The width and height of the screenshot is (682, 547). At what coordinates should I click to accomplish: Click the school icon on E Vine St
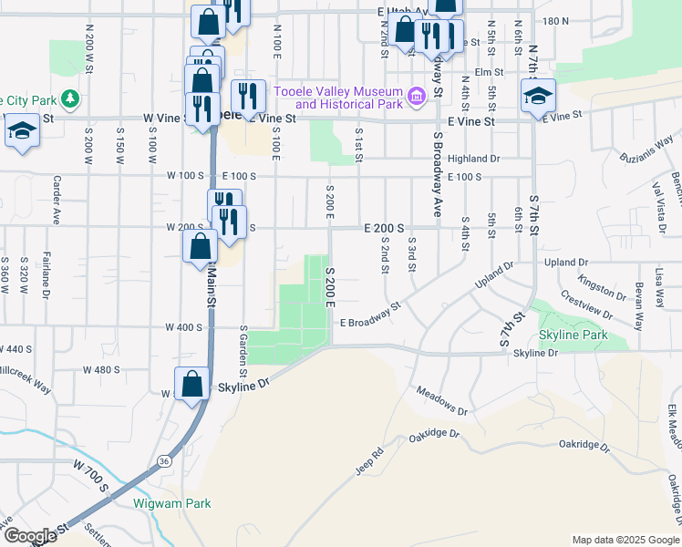[538, 96]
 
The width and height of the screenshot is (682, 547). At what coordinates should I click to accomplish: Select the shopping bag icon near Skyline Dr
[192, 385]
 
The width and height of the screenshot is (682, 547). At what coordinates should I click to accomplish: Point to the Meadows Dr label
[441, 401]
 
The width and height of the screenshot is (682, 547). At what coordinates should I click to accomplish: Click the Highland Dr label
[474, 159]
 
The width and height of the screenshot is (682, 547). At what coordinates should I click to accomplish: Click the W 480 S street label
[101, 369]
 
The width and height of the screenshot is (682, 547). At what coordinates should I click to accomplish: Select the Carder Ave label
[57, 200]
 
